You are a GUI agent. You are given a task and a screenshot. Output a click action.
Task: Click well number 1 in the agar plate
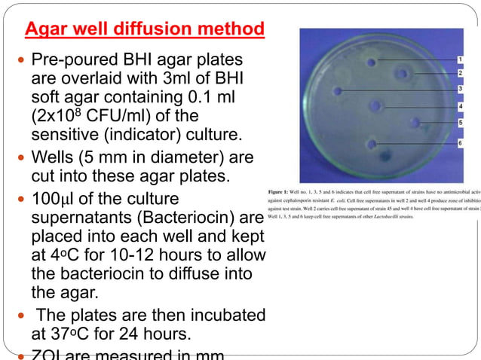click(372, 63)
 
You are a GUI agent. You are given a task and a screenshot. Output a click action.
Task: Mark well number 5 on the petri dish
click(415, 122)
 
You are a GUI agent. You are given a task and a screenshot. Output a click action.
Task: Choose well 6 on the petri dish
click(371, 143)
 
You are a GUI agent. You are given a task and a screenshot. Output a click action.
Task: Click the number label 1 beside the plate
click(460, 58)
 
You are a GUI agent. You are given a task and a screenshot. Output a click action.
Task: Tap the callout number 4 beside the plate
click(460, 106)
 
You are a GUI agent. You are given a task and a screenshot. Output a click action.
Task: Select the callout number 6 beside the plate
click(460, 142)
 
